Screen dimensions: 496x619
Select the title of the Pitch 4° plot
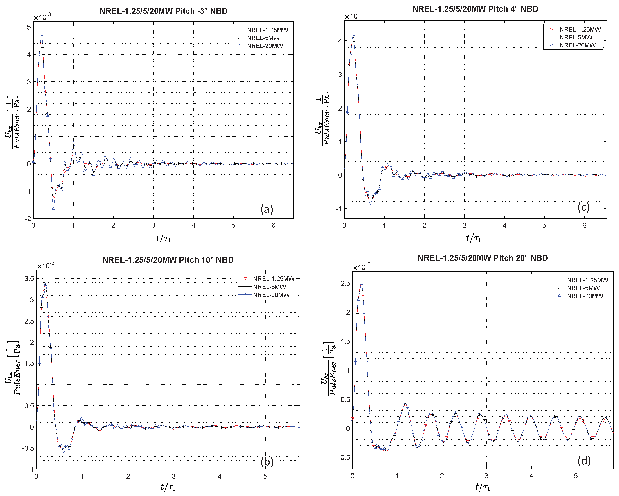(x=475, y=9)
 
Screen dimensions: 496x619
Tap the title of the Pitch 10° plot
(x=168, y=260)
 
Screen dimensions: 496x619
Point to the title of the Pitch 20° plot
(x=483, y=258)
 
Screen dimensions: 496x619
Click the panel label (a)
(x=267, y=209)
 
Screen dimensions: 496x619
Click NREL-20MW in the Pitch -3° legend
(x=265, y=46)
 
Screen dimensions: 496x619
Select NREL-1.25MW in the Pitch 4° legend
(x=580, y=29)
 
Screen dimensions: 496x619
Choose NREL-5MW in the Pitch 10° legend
(x=269, y=287)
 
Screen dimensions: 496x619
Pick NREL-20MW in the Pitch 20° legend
(x=585, y=296)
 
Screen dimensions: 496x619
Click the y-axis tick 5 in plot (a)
(x=29, y=27)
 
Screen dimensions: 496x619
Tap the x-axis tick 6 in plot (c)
(x=584, y=225)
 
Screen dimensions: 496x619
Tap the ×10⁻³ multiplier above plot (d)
(x=361, y=267)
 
